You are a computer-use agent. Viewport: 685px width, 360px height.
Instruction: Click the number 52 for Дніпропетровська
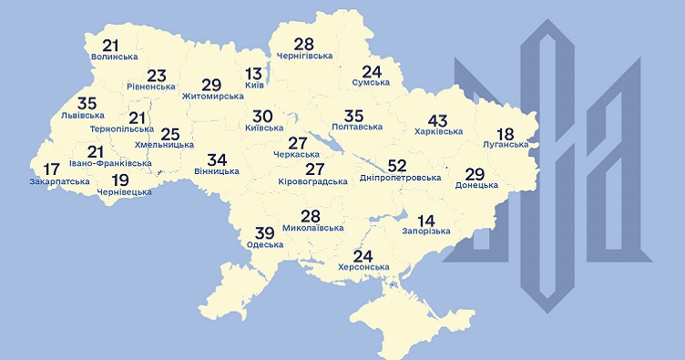tap(397, 165)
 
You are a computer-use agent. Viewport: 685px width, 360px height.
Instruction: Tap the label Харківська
tap(437, 132)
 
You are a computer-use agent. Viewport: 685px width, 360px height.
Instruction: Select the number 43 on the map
tap(437, 119)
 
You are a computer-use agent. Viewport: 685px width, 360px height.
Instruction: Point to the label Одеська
tap(264, 244)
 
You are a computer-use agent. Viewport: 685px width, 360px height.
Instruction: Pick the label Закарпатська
tap(59, 181)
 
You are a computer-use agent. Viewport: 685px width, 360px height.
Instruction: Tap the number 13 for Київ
tap(255, 74)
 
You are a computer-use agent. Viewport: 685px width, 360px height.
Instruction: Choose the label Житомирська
tap(211, 95)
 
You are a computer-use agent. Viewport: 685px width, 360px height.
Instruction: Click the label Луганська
tap(506, 144)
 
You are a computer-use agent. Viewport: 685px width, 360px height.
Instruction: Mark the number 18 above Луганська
tap(506, 131)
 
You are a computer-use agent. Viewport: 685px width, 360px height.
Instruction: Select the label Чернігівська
tap(303, 57)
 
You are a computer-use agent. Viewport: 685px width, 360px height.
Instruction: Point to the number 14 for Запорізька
tap(426, 219)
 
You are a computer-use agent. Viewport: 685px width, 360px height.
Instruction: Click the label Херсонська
tap(363, 266)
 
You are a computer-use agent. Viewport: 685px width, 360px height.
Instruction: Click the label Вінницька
tap(217, 170)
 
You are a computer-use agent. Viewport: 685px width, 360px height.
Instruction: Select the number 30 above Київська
tap(262, 117)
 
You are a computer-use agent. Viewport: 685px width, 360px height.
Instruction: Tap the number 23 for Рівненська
tap(157, 76)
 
